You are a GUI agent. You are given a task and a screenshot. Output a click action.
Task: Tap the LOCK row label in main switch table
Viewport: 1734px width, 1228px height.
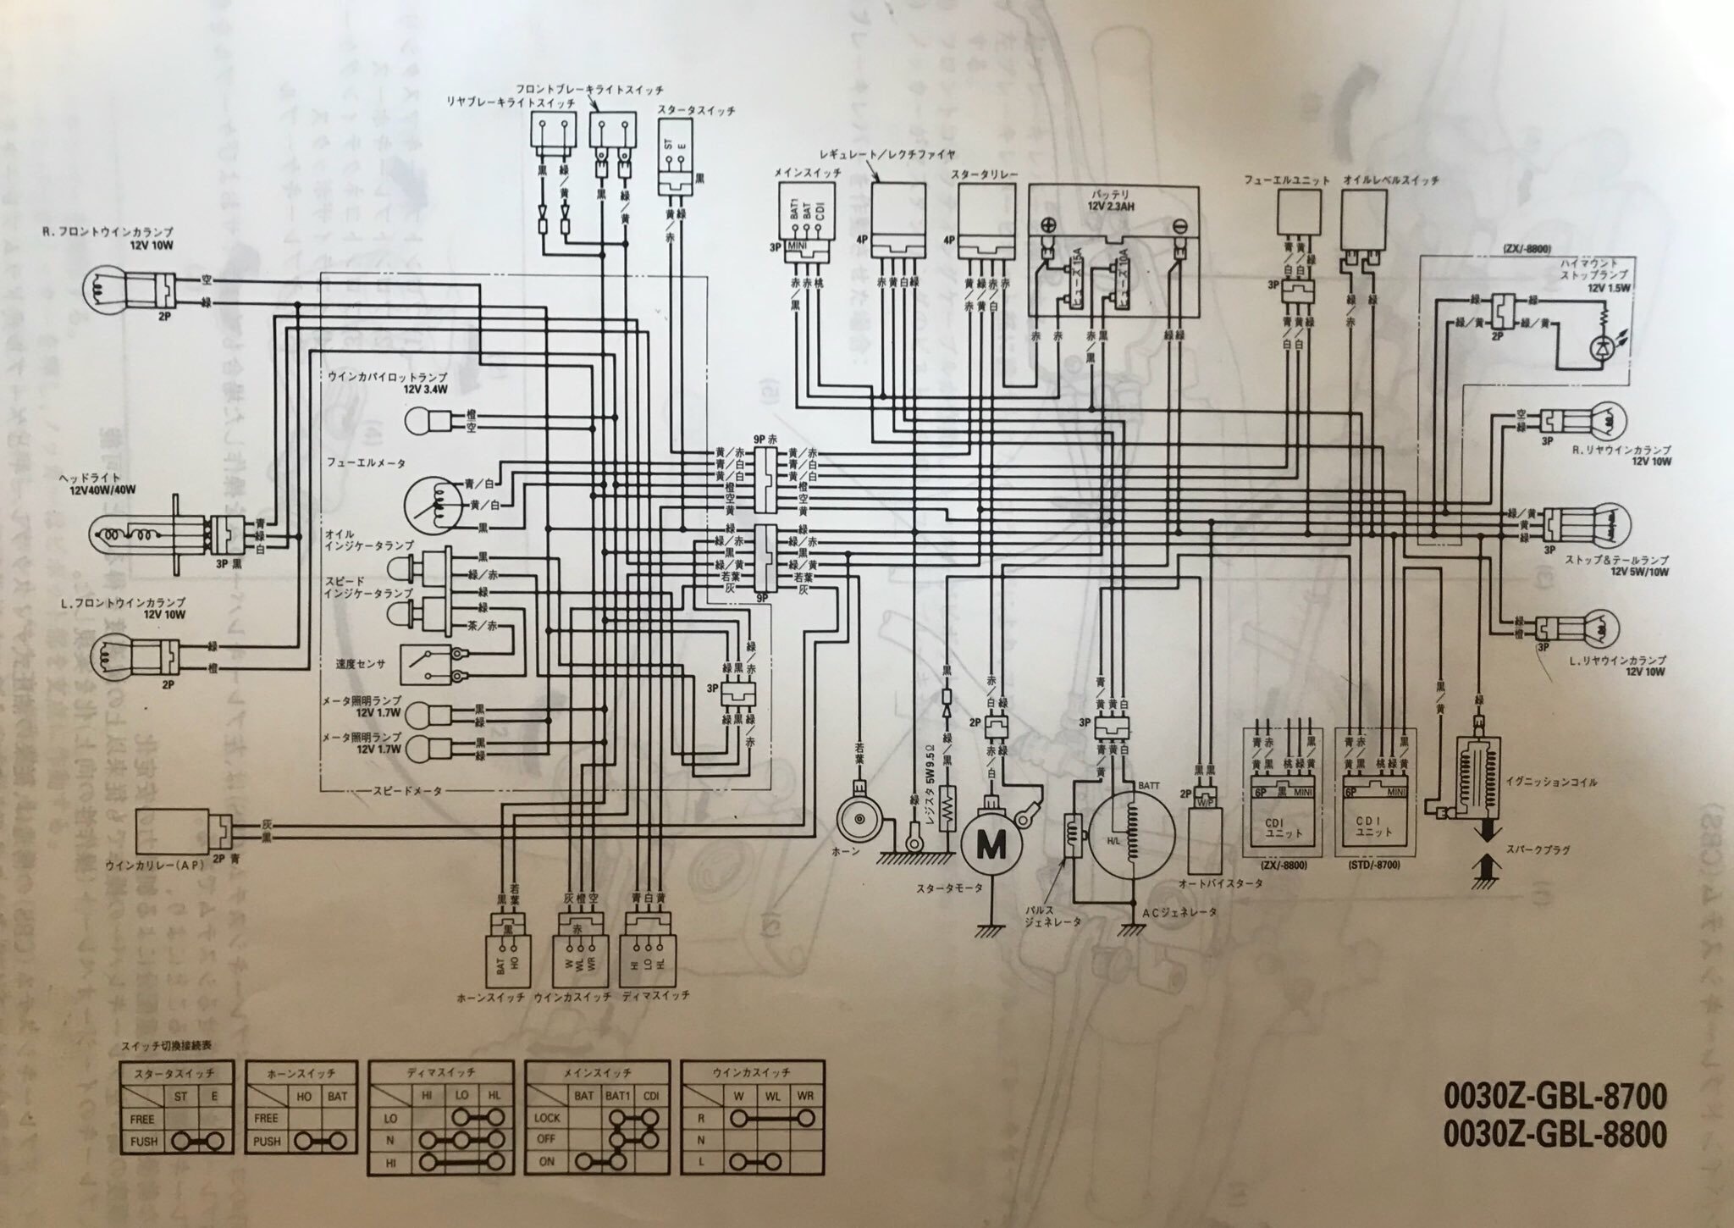[547, 1118]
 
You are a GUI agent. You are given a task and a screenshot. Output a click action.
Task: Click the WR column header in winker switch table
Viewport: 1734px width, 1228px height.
[805, 1096]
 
